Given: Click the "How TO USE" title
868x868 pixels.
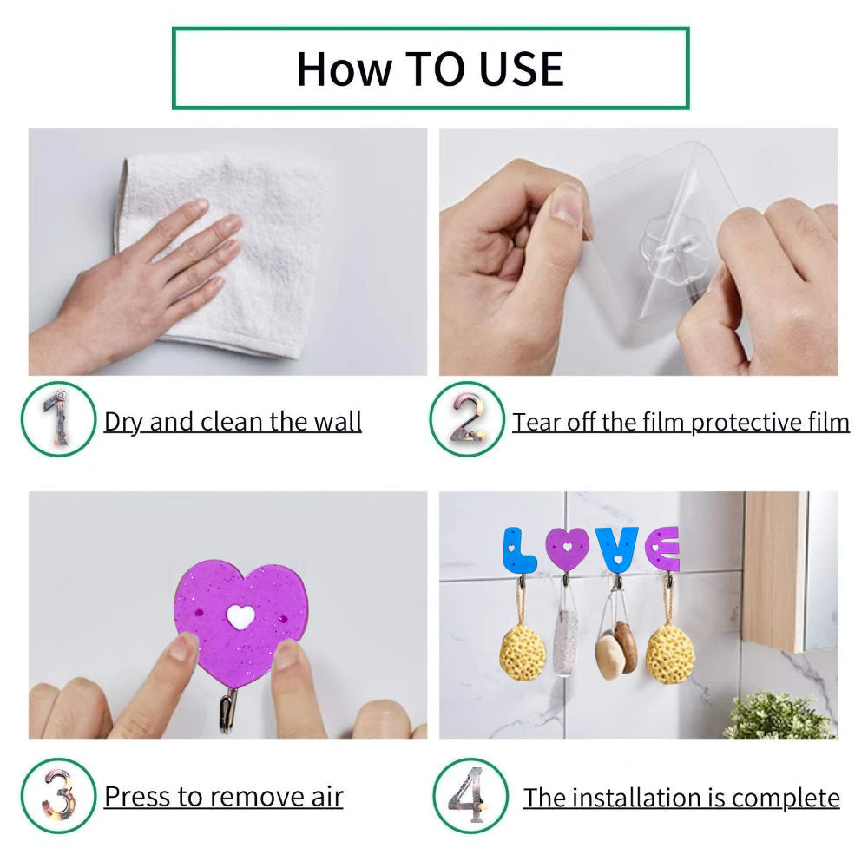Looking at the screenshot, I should tap(430, 69).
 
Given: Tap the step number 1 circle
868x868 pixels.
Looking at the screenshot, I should tap(58, 418).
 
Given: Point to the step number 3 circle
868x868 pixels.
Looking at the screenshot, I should tap(58, 795).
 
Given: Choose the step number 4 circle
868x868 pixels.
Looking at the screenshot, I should tap(470, 795).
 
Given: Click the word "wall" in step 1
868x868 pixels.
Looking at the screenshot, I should tap(338, 423).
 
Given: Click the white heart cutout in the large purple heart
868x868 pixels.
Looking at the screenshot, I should tap(240, 616).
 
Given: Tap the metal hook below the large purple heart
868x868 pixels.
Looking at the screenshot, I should tap(228, 710).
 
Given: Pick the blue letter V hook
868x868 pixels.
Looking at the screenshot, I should tap(616, 549).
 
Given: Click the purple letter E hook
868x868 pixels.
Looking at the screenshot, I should tap(662, 549).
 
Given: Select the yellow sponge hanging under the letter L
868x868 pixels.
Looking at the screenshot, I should tap(522, 651).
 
